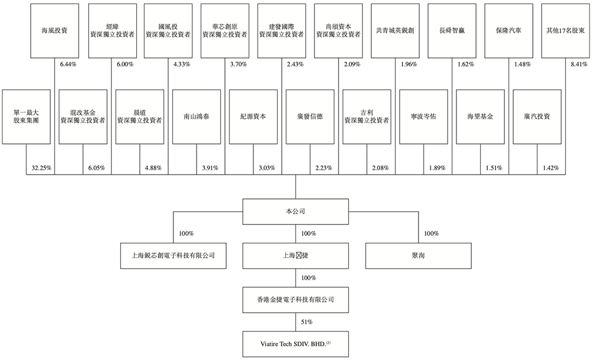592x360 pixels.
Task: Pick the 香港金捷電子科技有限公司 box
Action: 295,300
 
